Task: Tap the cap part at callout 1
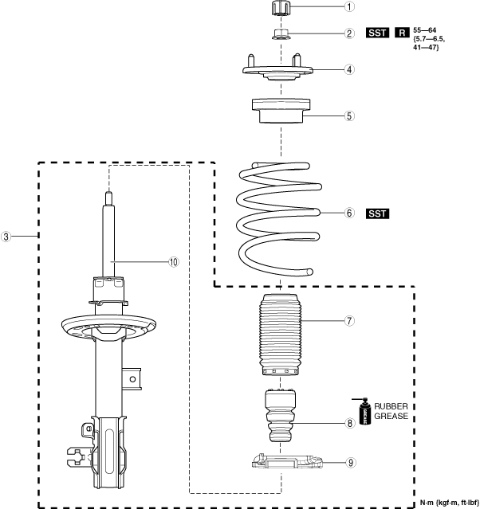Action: pos(281,9)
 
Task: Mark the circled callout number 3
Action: pos(7,237)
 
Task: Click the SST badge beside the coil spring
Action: pos(379,213)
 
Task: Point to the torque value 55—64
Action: pos(427,30)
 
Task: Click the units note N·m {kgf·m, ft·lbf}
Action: pos(448,502)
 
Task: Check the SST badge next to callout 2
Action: pos(379,33)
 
